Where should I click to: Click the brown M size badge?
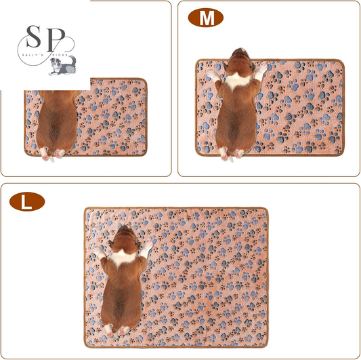(206, 18)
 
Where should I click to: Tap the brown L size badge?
(27, 201)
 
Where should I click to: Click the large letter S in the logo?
(34, 37)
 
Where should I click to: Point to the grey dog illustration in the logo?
(62, 66)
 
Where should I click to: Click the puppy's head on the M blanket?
(240, 60)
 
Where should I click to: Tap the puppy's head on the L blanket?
(125, 238)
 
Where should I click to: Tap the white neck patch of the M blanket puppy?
(237, 81)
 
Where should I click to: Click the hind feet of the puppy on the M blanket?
(231, 154)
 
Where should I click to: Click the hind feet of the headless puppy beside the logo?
(52, 154)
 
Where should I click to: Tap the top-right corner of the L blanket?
(268, 209)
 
